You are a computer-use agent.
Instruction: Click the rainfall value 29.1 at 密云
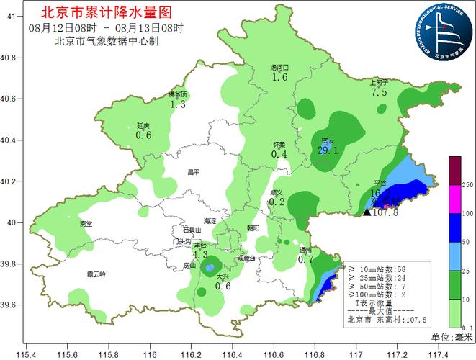[x=328, y=150]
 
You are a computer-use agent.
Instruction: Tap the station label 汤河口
[x=279, y=68]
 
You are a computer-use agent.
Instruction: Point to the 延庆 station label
[x=143, y=125]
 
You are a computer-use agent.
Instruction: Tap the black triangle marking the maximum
[x=367, y=212]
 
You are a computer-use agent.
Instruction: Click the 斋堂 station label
[x=86, y=224]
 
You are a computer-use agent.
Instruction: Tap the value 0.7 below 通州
[x=306, y=259]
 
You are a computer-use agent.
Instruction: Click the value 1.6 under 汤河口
[x=279, y=78]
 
